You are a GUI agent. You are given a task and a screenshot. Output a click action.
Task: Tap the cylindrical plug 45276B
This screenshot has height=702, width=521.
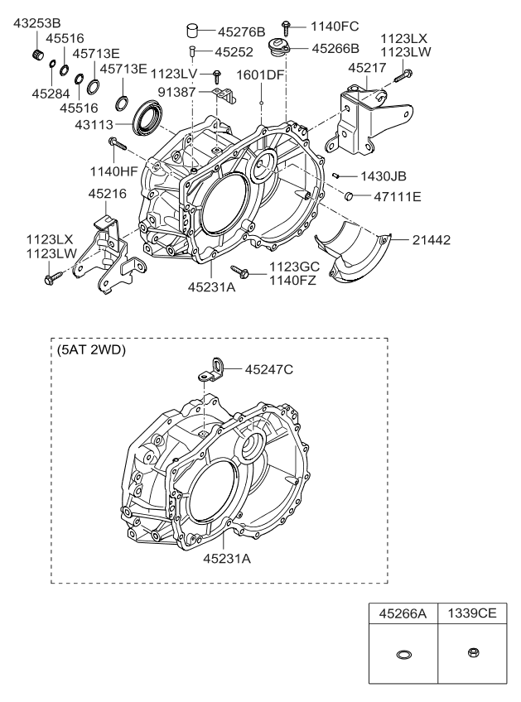coord(193,32)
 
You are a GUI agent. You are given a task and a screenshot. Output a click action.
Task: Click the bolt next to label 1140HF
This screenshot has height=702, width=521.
coord(115,145)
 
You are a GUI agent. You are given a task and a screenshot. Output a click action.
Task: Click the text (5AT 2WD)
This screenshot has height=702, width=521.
coord(91,349)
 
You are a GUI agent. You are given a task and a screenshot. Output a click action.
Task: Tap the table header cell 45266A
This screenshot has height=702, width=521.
coord(403,615)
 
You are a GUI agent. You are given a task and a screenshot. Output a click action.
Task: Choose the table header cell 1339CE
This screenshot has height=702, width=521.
coord(470,615)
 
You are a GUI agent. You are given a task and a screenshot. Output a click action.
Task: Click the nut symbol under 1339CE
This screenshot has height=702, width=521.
coord(470,653)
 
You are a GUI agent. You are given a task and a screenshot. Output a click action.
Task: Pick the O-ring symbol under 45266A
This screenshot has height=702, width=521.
coord(403,654)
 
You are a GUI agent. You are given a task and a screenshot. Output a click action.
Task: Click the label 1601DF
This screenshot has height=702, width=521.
coord(262,75)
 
